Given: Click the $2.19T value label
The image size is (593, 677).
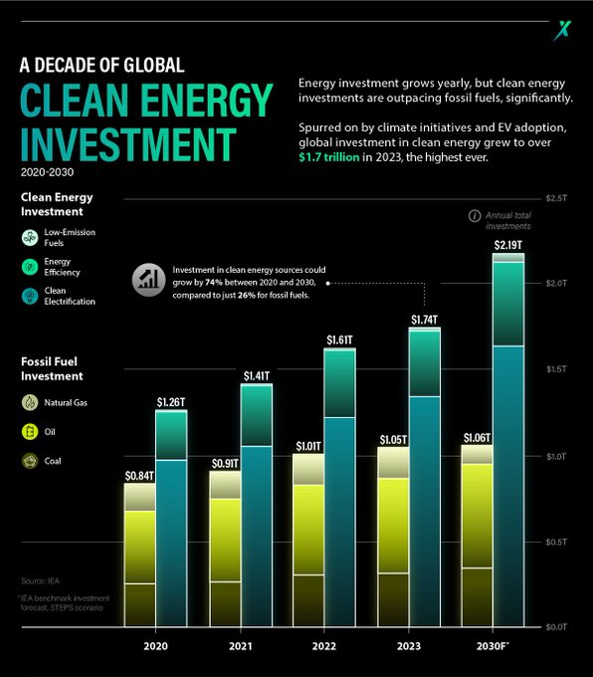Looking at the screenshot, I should [507, 245].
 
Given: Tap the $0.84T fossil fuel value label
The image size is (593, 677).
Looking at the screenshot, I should [140, 476].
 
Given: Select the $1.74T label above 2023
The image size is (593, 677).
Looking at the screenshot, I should [424, 320].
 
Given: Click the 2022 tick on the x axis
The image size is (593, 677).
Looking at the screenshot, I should [324, 647].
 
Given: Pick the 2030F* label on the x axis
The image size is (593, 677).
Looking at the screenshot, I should [493, 647].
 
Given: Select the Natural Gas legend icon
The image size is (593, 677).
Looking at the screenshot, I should [30, 403].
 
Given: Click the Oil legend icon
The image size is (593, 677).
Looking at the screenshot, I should [30, 432].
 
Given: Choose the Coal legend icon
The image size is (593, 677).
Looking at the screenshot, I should [30, 461].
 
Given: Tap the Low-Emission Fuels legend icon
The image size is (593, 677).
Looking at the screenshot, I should [30, 237].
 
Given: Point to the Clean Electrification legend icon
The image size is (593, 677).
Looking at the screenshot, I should [30, 295].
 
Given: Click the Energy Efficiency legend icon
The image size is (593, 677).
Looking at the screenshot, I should [30, 266].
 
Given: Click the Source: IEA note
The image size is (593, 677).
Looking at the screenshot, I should [40, 579].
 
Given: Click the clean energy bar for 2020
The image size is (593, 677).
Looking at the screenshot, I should [170, 518].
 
